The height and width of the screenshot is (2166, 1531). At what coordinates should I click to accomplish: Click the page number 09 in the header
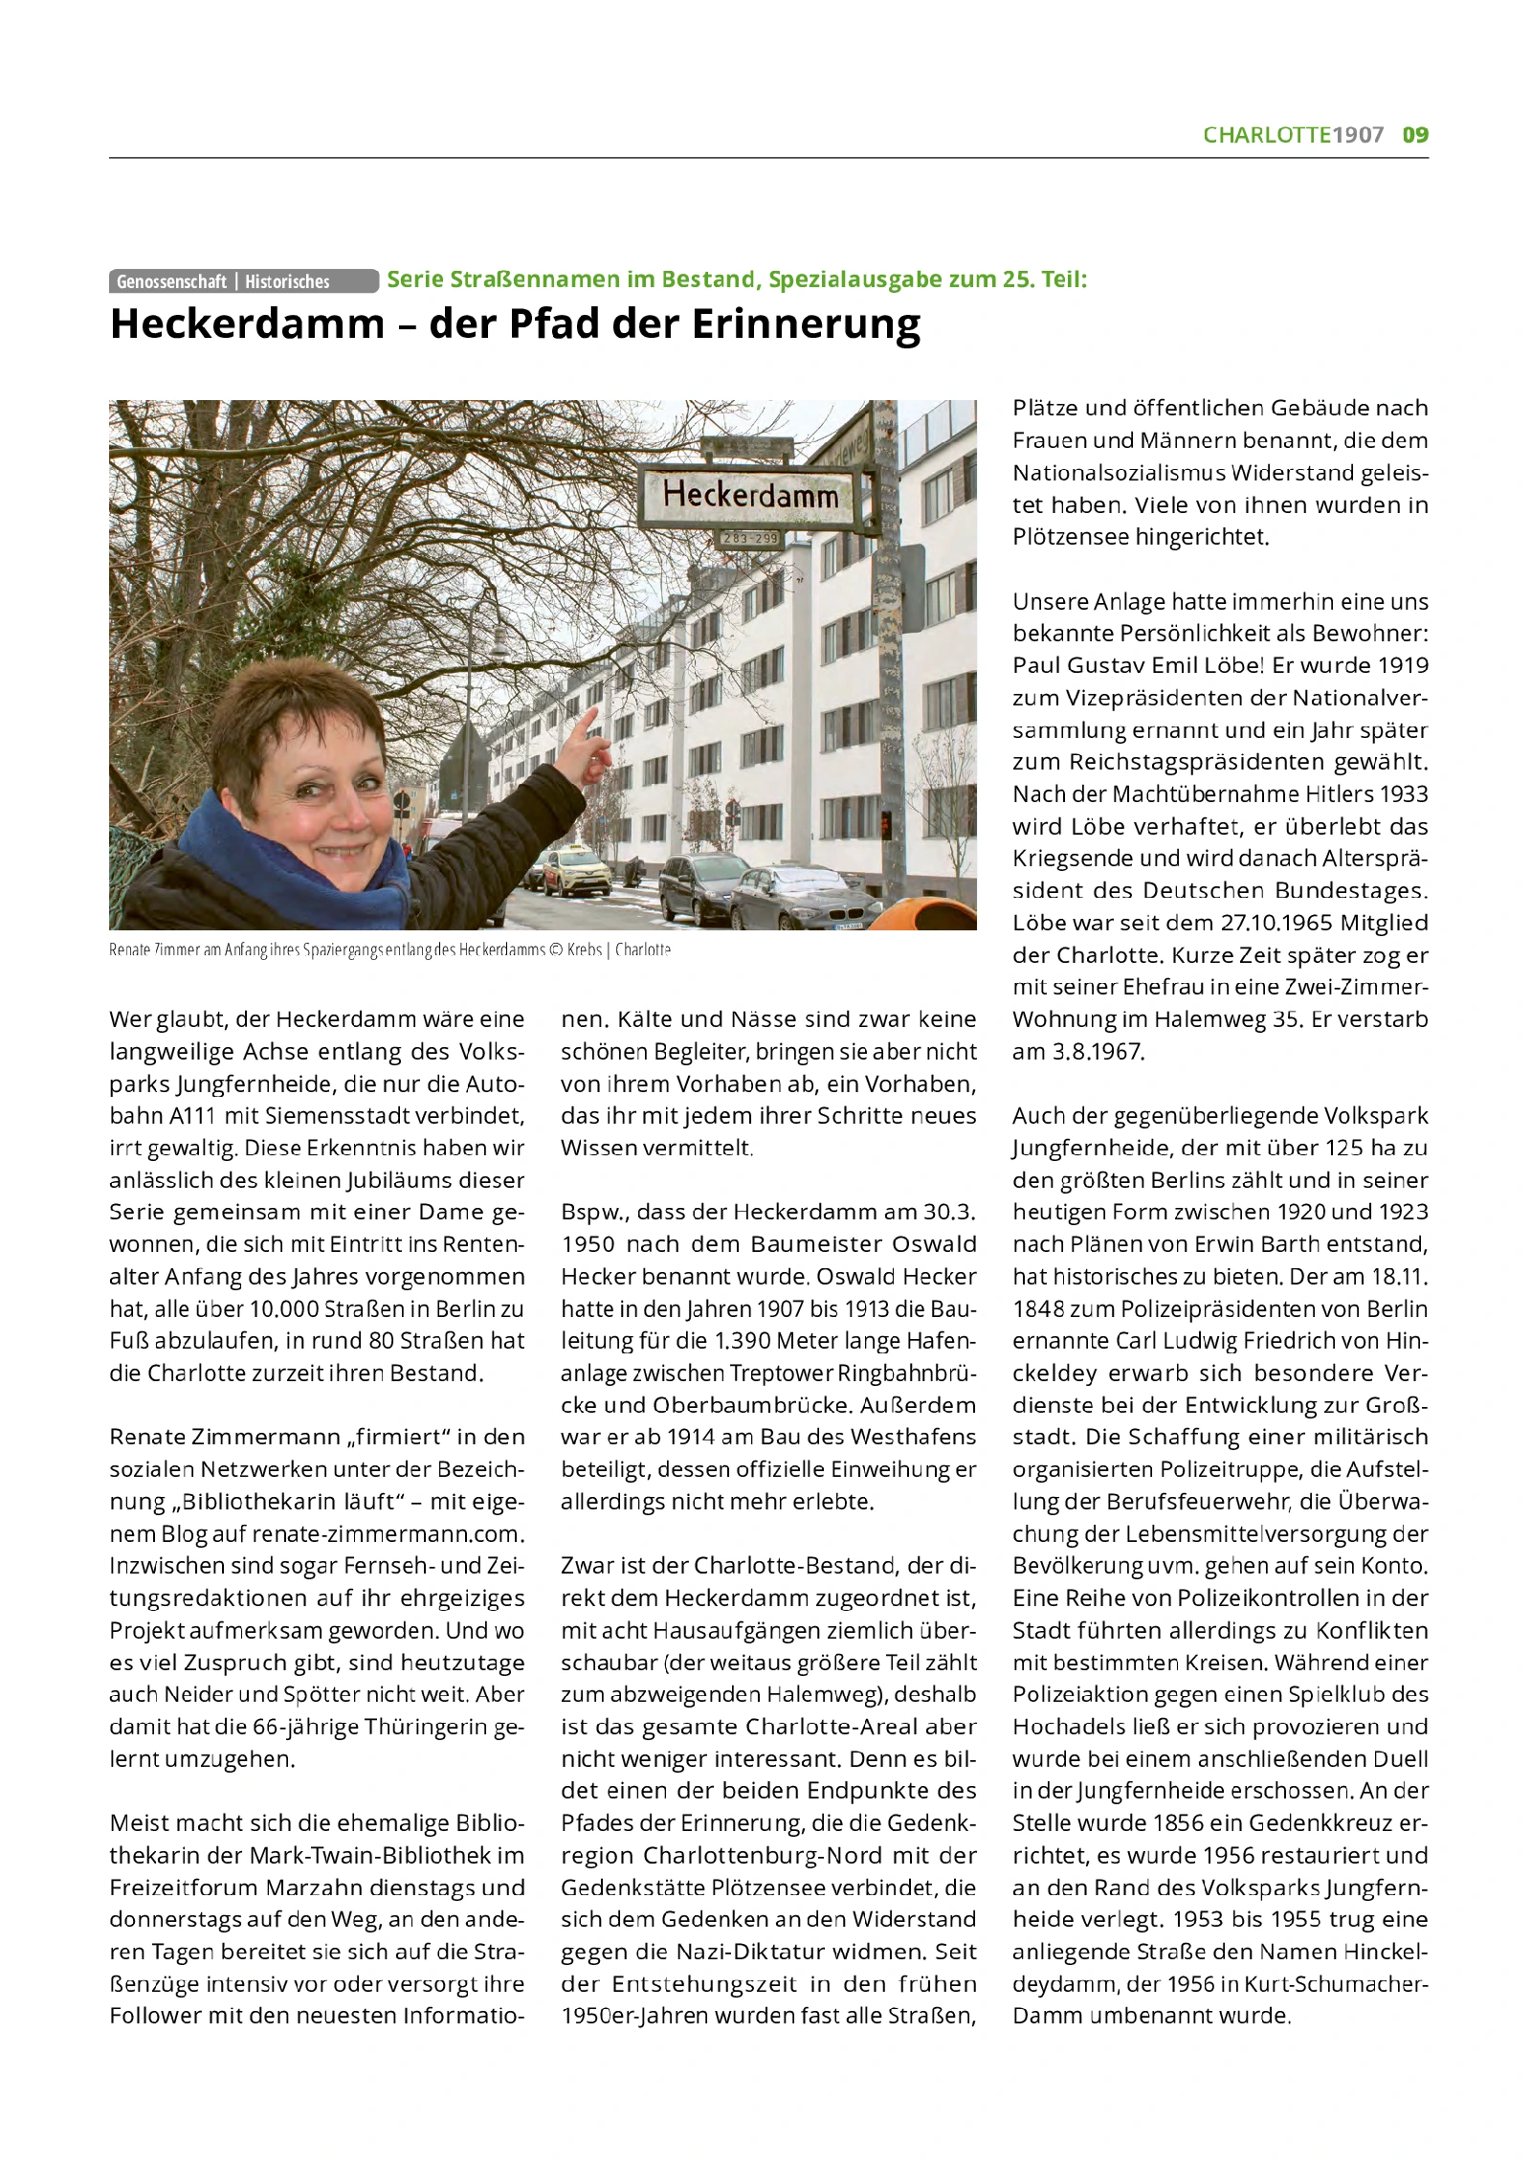pos(1415,135)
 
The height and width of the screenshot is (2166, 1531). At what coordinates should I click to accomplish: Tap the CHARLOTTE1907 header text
pos(1293,135)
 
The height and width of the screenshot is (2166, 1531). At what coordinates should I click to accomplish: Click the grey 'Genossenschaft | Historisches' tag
pos(243,281)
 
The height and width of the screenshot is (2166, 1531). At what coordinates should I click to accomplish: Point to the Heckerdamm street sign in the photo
pos(751,495)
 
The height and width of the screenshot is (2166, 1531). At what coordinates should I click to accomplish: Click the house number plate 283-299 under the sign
pos(751,539)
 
